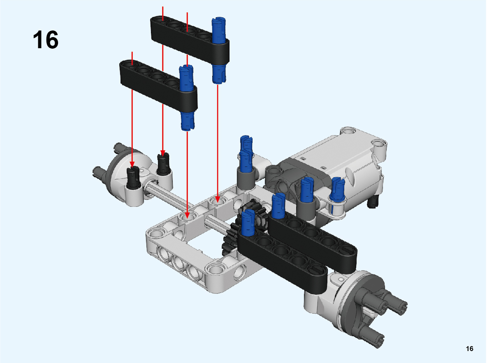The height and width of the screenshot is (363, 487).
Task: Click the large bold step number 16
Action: pos(45,40)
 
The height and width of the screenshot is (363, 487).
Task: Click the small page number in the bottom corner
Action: pos(469,349)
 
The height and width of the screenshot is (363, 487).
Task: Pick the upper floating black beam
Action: pos(190,39)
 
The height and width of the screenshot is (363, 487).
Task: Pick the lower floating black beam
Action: pos(158,86)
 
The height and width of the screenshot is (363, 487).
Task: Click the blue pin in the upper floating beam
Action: pos(219,50)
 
